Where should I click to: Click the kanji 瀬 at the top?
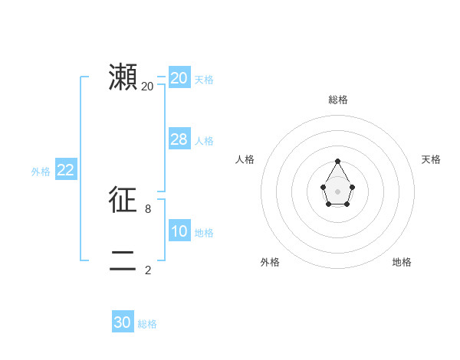tap(123, 77)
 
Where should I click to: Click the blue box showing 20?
tap(179, 78)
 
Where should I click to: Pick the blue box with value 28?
tap(179, 139)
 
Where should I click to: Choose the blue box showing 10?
tap(179, 231)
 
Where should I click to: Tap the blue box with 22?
tap(65, 170)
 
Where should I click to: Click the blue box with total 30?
tap(123, 322)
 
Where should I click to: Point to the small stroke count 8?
tap(148, 208)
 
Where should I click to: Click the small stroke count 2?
tap(148, 270)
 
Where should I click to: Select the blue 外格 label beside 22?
tap(41, 172)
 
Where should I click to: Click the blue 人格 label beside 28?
tap(204, 141)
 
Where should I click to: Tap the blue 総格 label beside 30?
tap(147, 324)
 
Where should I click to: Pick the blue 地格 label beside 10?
tap(204, 233)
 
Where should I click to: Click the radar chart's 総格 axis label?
tap(338, 100)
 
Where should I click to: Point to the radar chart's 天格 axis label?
tap(432, 159)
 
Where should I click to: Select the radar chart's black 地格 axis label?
tap(402, 262)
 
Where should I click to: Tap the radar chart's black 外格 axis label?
tap(270, 262)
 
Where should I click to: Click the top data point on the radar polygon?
tap(338, 162)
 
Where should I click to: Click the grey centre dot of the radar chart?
tap(338, 191)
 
